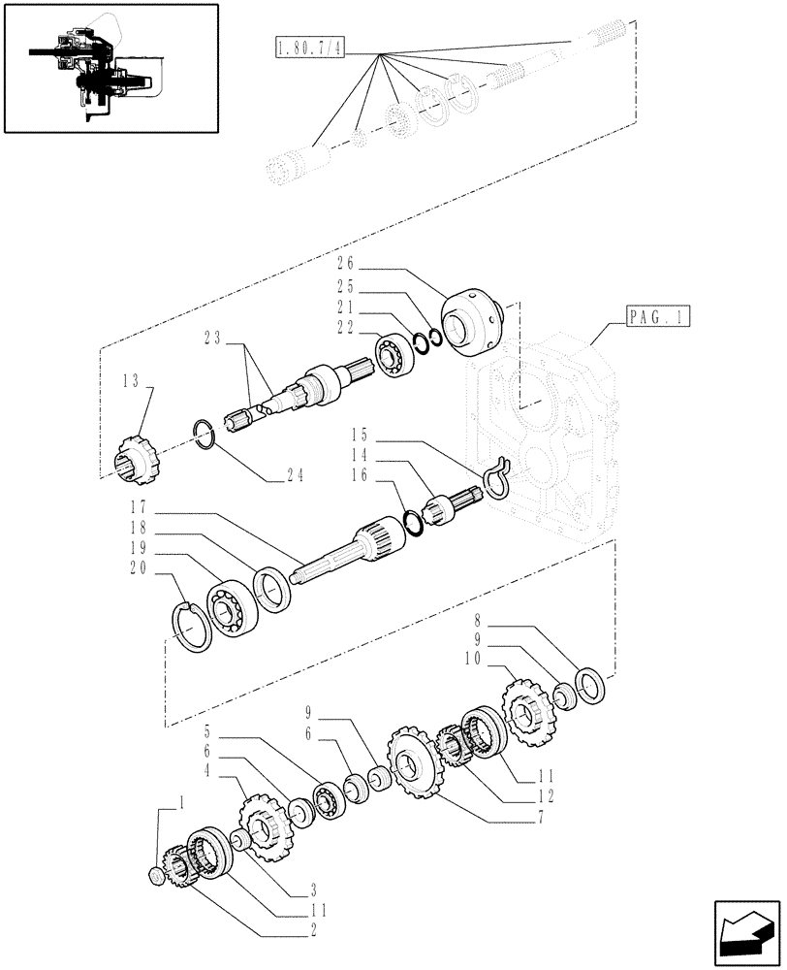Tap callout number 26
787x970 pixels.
347,262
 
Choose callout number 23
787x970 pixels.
213,339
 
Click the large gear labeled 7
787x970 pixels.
414,762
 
